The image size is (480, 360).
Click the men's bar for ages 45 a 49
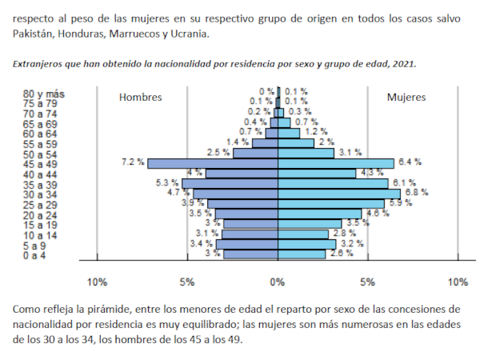coord(212,163)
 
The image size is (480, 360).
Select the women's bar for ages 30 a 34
coord(339,194)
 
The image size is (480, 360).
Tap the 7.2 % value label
coord(133,162)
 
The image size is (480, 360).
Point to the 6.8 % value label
coord(417,193)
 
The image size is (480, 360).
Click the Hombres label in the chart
coord(141,98)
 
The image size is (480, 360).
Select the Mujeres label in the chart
coord(406,98)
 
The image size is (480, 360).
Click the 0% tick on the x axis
coord(278,282)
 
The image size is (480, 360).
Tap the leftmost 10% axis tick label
coord(97,282)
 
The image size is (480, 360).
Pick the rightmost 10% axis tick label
coord(458,282)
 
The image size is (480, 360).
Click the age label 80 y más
coord(44,94)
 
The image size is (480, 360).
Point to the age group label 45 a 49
coord(41,164)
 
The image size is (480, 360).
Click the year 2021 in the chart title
coord(401,62)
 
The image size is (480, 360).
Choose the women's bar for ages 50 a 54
coord(306,153)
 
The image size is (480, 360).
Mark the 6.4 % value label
coord(410,162)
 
